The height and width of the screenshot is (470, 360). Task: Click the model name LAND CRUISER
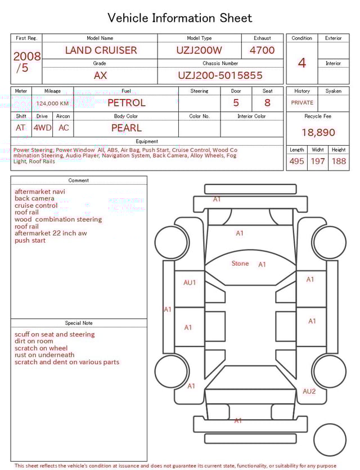pos(101,50)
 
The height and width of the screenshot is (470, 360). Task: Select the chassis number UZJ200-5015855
pos(220,75)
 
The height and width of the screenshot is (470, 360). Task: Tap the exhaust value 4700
pos(262,50)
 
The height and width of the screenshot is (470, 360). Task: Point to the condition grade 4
pos(301,62)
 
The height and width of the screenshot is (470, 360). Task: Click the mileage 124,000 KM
pos(52,104)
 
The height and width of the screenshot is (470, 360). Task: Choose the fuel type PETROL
pos(126,102)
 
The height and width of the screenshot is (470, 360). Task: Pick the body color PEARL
pos(126,128)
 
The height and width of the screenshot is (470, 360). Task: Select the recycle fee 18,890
pos(318,132)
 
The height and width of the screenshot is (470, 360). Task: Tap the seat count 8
pos(267,102)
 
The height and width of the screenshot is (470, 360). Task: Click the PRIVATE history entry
pos(302,102)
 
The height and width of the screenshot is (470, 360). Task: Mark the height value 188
pos(339,161)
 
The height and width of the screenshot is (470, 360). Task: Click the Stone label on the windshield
pos(240,263)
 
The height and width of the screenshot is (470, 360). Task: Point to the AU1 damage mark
pos(190,283)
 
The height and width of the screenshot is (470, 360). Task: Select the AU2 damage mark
pos(309,391)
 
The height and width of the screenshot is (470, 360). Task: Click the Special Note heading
pos(79,323)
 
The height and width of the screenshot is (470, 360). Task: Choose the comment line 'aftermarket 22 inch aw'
pos(51,233)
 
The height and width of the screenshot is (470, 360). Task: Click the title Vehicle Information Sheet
pos(180,18)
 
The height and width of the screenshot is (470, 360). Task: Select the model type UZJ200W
pos(199,50)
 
